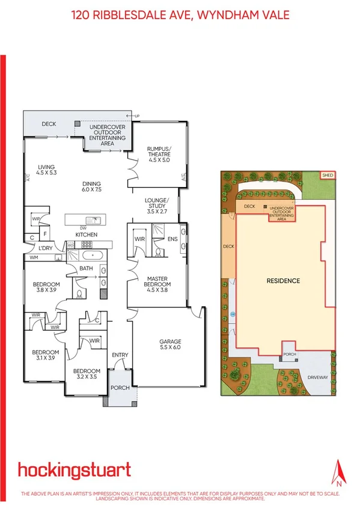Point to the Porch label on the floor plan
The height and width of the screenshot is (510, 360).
coord(120,388)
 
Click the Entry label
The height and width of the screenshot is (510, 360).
coord(120,354)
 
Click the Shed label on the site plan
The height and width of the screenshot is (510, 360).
coord(328,175)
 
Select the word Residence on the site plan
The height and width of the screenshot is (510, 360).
coord(283,281)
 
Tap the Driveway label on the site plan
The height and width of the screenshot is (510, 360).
coord(319,378)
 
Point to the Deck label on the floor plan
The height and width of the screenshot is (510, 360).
coord(49,124)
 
